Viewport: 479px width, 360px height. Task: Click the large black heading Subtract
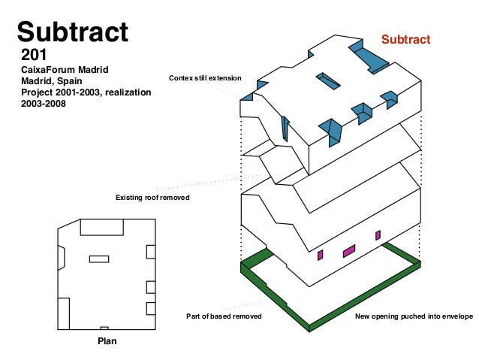tap(73, 31)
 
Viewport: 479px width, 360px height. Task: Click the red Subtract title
tap(405, 39)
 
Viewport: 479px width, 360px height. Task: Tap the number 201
tap(35, 55)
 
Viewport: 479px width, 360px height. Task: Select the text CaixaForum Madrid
tap(65, 69)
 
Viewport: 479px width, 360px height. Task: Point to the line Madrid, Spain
tap(52, 80)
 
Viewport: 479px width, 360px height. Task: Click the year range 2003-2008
tap(44, 104)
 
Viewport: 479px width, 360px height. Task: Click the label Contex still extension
tap(205, 78)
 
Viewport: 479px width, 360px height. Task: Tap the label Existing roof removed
tap(152, 198)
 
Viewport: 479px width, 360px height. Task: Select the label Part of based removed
tap(224, 317)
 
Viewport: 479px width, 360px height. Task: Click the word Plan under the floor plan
tap(107, 340)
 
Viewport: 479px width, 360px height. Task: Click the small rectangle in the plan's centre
tap(98, 259)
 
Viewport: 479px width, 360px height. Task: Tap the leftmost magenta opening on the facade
tap(320, 255)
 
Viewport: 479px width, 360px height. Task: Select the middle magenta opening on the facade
tap(349, 251)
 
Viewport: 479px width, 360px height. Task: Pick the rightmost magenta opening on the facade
tap(378, 235)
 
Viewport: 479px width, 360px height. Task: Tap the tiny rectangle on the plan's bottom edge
tap(104, 328)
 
